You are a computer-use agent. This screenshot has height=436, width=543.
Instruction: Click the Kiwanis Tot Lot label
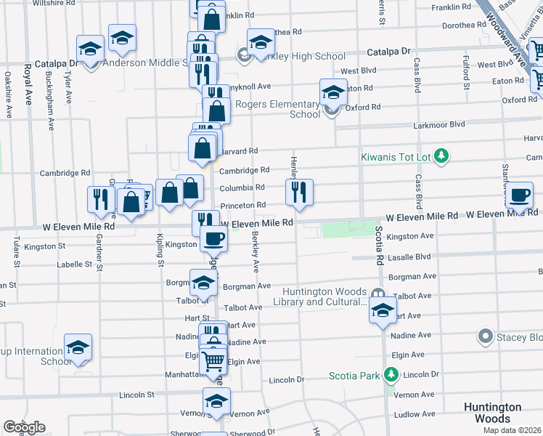(397, 156)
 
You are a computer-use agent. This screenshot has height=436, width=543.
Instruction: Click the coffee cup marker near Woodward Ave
(520, 196)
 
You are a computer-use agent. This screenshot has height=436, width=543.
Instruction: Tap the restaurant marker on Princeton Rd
(298, 193)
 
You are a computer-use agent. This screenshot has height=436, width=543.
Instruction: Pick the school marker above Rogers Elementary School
(333, 92)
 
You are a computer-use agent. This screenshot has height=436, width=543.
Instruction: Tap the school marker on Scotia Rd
(383, 311)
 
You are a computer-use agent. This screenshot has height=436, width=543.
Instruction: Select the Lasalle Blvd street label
(409, 257)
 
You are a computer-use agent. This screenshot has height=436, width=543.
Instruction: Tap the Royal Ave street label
(28, 85)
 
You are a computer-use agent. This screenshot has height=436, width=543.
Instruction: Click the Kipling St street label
(160, 251)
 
